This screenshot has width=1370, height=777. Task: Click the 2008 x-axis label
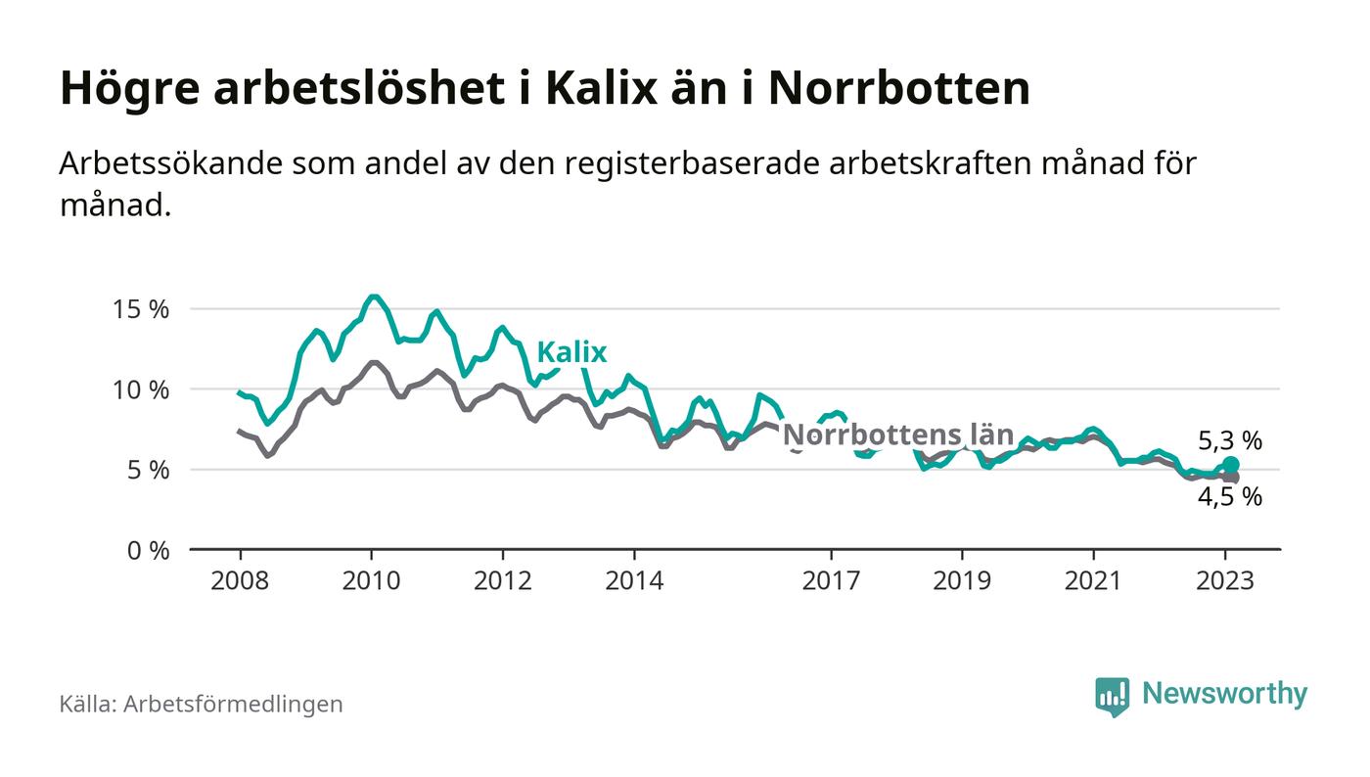240,580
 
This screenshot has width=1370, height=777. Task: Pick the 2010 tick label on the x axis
371,580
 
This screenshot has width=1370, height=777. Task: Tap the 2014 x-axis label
633,580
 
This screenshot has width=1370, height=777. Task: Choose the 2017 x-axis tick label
831,580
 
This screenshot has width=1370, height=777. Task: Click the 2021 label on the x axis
1093,580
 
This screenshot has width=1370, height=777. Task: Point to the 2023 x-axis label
1224,580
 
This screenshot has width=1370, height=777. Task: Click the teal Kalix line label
571,352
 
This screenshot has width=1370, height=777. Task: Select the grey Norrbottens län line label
898,434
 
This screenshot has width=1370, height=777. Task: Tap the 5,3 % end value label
1230,441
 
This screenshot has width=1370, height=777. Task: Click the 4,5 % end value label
1230,497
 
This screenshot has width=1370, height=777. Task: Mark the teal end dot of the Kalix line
1231,465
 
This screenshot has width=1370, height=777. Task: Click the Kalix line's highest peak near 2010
372,297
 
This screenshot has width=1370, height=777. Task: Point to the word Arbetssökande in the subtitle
167,163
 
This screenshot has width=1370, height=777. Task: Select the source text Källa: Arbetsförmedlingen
201,704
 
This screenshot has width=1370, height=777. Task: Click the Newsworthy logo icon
1112,696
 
